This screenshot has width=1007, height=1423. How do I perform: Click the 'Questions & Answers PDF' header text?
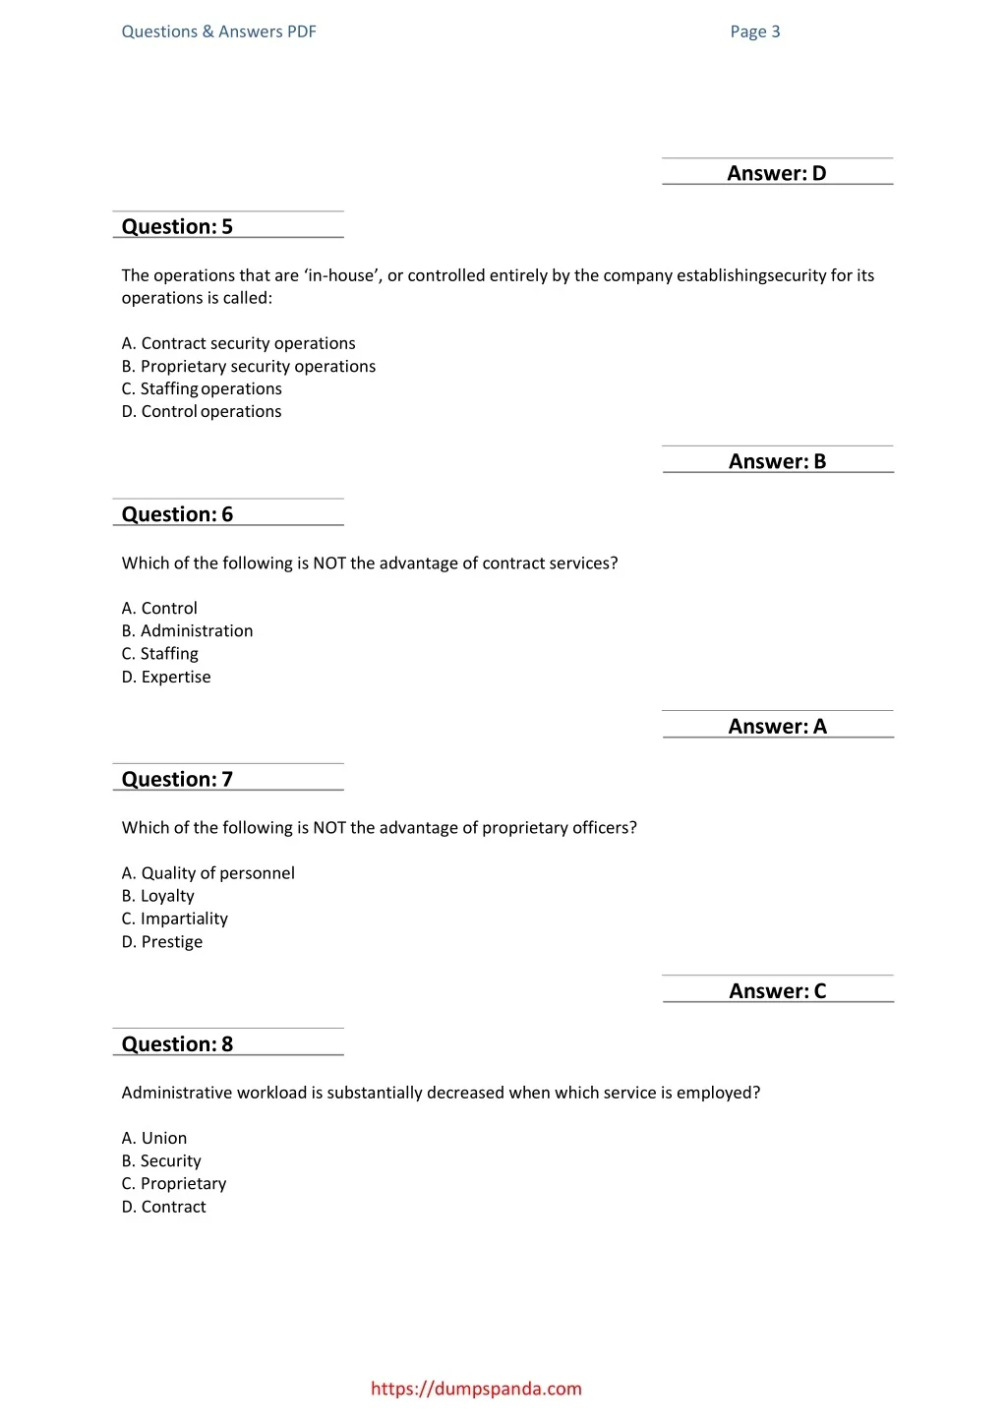coord(218,31)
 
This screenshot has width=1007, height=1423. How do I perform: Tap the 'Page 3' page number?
coord(754,31)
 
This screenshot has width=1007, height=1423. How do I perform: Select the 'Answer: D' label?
coord(776,174)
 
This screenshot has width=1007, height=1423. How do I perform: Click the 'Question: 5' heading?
coord(177,227)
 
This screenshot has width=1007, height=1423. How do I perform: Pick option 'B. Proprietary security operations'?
coord(248,366)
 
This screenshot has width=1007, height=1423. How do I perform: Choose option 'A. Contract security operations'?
coord(238,343)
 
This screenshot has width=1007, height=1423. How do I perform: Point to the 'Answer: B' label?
coord(777,462)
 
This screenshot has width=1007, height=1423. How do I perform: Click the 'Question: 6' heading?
coord(177,515)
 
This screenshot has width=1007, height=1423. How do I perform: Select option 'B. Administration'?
coord(187,630)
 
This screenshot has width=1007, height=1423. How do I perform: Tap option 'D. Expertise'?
coord(166,677)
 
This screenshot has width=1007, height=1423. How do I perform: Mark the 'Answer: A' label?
coord(777,727)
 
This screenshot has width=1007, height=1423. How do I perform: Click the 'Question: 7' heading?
coord(177,780)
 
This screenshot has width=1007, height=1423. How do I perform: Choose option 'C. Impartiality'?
coord(174,919)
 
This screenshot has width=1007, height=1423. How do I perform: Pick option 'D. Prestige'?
coord(162,941)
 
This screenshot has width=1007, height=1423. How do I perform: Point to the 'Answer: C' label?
coord(777,991)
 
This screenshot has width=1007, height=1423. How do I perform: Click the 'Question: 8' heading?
coord(177,1044)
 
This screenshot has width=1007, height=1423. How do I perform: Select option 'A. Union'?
coord(154,1138)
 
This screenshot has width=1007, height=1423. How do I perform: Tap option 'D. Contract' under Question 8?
coord(164,1207)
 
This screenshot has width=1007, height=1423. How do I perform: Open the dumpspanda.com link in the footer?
coord(476,1389)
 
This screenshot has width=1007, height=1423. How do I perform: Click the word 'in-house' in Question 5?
coord(341,275)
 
